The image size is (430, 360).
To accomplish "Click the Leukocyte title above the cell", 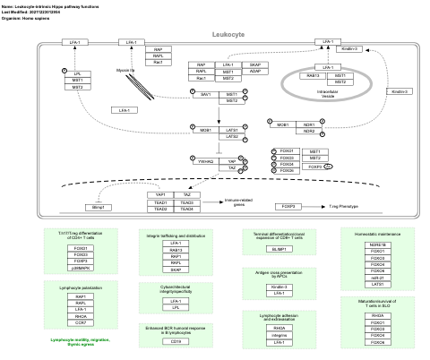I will (x=228, y=33).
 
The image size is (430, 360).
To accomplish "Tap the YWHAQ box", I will (x=205, y=161).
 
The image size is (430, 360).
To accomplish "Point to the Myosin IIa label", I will (x=126, y=68).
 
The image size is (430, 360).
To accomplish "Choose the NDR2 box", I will (x=309, y=131).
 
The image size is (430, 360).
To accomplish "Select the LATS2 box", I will (x=231, y=136).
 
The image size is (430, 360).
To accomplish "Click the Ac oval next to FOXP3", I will (x=328, y=167).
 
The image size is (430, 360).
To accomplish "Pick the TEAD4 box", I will (x=187, y=209).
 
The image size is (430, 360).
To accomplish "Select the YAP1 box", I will (x=161, y=194).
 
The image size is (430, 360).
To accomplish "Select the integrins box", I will (x=279, y=335).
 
